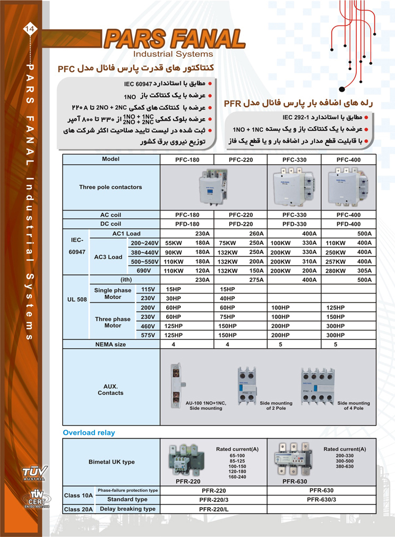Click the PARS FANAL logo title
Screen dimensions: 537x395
coord(174,38)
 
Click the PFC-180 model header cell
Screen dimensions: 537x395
coord(187,159)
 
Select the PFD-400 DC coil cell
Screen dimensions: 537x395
coord(349,224)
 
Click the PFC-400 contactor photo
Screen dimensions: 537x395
coord(349,187)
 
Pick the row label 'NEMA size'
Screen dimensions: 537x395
coord(110,344)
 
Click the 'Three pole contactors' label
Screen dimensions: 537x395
coord(110,187)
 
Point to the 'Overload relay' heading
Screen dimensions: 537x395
coord(89,432)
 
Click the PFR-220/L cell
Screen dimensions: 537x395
coord(213,509)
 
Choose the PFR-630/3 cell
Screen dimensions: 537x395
coord(321,499)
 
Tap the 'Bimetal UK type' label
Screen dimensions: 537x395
coord(111,462)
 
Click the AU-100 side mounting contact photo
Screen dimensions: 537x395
coord(176,383)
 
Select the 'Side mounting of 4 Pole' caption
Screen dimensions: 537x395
coord(354,406)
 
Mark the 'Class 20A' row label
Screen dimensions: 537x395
coord(79,509)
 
